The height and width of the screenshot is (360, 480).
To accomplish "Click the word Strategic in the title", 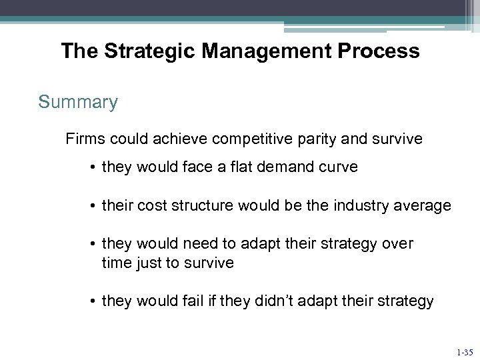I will point(138,51).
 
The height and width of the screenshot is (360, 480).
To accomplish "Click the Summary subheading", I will point(78,103).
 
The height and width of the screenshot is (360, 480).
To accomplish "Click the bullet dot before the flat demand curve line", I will point(92,168).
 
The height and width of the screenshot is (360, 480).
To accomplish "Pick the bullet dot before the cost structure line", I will point(92,207).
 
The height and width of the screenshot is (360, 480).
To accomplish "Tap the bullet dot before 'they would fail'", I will point(92,302).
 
